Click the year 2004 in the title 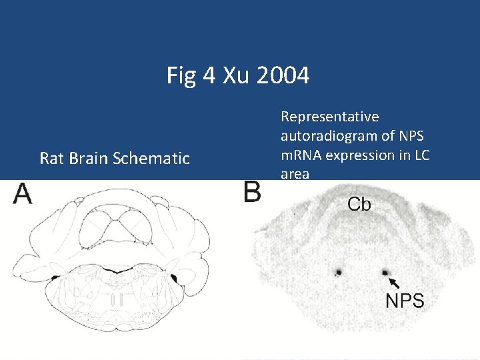[283, 76]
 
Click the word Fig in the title [182, 76]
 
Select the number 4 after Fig [209, 76]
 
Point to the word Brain [89, 159]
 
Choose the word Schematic [153, 159]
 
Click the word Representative [329, 117]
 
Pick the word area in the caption [295, 174]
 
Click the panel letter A [23, 194]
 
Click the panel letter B [252, 194]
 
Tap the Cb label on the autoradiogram [359, 204]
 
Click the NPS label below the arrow [405, 301]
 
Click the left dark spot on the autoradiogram [338, 272]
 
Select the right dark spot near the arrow [385, 272]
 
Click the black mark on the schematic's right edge [175, 278]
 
